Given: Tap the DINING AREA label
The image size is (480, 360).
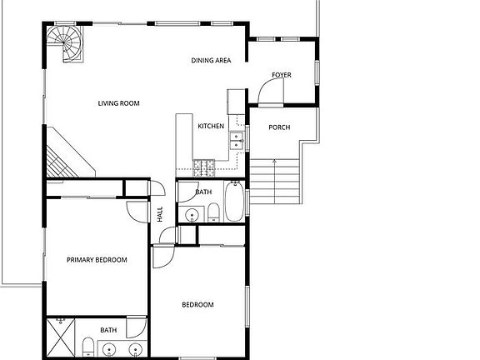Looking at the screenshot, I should click(x=211, y=60).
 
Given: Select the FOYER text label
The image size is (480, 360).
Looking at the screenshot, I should click(x=282, y=75).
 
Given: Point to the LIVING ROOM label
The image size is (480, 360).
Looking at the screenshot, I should click(x=118, y=103).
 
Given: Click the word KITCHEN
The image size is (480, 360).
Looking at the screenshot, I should click(x=210, y=126).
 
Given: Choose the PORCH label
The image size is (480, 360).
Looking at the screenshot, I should click(x=278, y=127).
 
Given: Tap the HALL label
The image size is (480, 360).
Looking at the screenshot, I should click(x=160, y=214).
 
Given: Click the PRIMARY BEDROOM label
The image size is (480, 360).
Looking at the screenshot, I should click(x=97, y=260).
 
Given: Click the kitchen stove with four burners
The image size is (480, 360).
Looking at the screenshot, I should click(x=203, y=168).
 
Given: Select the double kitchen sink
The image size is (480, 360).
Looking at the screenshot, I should click(x=237, y=142).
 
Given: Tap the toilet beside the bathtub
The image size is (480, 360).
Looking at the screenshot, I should click(x=213, y=212).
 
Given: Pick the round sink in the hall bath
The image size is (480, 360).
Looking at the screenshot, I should click(x=192, y=215).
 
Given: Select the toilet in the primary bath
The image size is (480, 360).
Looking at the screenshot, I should click(x=88, y=347).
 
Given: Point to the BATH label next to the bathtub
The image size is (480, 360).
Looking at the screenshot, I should click(x=203, y=192).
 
